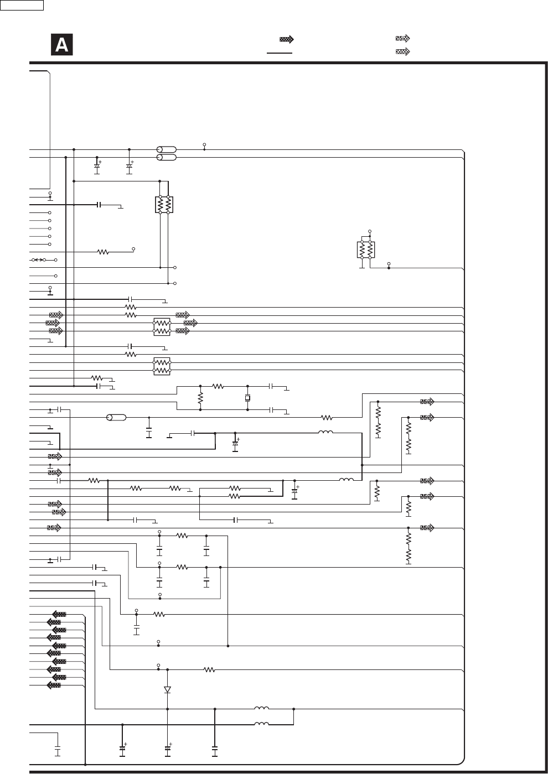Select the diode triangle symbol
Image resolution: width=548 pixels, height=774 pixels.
pos(167,689)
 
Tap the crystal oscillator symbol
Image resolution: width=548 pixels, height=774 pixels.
pos(247,398)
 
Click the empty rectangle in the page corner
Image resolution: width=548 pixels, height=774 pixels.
pos(22,6)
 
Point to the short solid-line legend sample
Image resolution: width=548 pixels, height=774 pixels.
pos(280,53)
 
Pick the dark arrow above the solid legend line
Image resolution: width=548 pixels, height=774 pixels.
pos(286,39)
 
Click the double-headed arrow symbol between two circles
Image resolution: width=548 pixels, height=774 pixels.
pos(38,259)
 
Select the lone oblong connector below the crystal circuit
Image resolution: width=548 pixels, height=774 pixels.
pos(116,418)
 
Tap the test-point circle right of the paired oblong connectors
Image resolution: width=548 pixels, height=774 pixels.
pos(204,143)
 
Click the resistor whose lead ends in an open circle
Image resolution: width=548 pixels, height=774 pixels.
pos(103,252)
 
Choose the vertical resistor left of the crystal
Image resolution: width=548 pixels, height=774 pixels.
pos(200,398)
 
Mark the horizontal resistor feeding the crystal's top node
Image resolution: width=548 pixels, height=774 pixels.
pos(218,386)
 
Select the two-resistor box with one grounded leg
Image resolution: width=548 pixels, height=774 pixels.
pos(366,250)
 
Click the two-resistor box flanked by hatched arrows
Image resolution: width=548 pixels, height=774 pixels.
pos(162,326)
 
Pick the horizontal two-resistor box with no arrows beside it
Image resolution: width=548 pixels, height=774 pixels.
pos(162,366)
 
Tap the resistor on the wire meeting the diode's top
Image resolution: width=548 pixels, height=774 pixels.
pos(209,669)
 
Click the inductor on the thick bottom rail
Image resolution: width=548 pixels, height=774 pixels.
pos(261,724)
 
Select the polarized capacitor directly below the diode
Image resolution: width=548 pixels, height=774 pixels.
pos(167,749)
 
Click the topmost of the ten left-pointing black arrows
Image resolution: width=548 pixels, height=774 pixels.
pos(59,614)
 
